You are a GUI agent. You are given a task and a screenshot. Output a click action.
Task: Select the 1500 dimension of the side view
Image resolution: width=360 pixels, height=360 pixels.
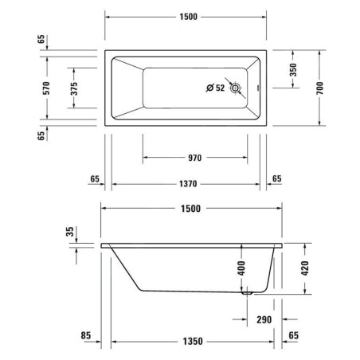coord(188,209)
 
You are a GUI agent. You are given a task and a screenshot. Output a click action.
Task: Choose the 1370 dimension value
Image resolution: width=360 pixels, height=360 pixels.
coord(188,184)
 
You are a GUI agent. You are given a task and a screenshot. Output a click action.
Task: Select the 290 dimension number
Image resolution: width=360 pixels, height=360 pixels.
coord(264,320)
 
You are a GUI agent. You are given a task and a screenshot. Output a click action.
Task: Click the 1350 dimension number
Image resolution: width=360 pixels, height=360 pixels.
coord(188,342)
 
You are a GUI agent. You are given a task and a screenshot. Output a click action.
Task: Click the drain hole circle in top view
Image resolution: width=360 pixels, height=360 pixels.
coord(237,88)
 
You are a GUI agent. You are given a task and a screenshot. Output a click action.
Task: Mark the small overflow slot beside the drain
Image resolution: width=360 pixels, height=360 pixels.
coord(256,88)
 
